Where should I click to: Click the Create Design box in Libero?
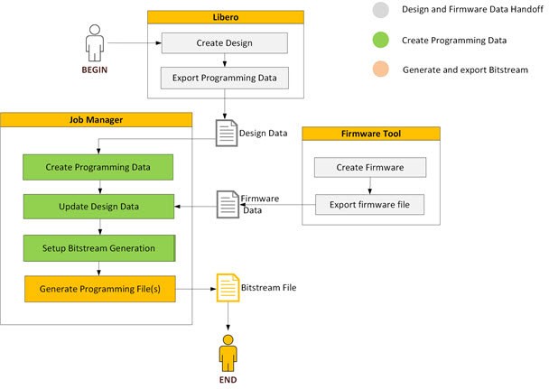click(x=224, y=43)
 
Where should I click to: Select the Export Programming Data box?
click(x=224, y=78)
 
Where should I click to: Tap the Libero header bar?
click(x=224, y=17)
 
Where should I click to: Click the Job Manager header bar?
click(x=97, y=119)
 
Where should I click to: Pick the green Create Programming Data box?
click(x=98, y=168)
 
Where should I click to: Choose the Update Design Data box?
click(x=98, y=207)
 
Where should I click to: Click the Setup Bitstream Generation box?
click(x=98, y=247)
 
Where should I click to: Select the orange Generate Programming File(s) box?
click(x=98, y=289)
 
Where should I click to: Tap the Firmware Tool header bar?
click(x=370, y=134)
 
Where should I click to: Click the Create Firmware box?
click(x=370, y=168)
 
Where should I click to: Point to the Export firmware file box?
click(x=370, y=204)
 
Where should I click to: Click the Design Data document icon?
click(x=226, y=134)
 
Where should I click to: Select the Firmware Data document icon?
click(x=226, y=204)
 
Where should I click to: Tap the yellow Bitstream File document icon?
click(x=226, y=289)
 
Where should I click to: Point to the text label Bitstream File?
click(x=268, y=287)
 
